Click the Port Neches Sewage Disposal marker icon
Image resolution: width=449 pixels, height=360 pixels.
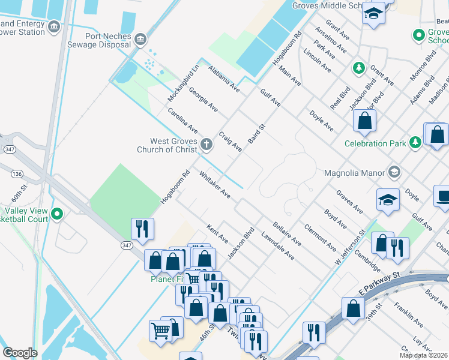click(140, 40)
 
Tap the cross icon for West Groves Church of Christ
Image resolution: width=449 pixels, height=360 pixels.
click(206, 144)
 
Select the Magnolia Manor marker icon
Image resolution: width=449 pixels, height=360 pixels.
click(394, 173)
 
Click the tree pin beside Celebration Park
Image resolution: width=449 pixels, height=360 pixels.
click(415, 143)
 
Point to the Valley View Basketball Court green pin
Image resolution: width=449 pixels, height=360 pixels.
click(57, 214)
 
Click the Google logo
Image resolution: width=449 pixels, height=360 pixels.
click(20, 352)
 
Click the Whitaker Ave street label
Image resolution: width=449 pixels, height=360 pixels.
click(215, 185)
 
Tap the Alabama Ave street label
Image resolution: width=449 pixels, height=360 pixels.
click(223, 79)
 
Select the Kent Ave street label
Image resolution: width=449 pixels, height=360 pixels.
click(217, 234)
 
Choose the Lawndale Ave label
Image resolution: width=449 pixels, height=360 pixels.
click(277, 246)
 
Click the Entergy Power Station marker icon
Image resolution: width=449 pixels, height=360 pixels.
click(54, 27)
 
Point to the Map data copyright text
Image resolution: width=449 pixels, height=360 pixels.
click(423, 355)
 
